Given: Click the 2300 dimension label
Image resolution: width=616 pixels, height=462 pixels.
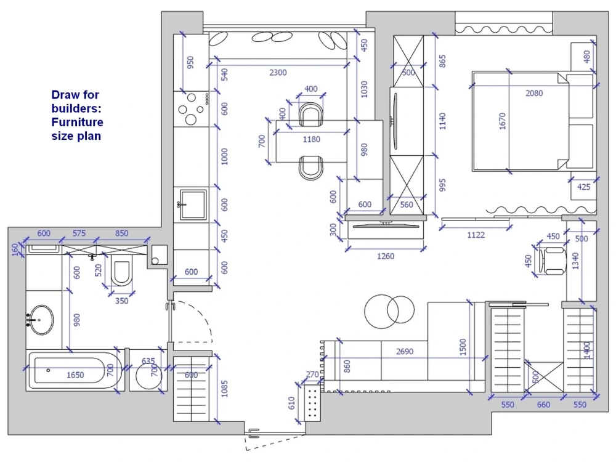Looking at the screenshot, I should [278, 73].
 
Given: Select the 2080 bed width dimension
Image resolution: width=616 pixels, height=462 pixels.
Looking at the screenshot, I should [534, 94].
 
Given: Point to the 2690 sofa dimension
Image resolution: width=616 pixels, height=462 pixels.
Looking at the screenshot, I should [404, 352].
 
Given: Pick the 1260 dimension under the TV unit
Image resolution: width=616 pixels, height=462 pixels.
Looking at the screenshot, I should [385, 256].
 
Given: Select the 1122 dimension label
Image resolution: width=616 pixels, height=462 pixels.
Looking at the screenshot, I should [476, 235].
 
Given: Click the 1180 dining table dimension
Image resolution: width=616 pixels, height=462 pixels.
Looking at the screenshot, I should [311, 139].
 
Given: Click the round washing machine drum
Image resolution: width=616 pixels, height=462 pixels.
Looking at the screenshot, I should [148, 376].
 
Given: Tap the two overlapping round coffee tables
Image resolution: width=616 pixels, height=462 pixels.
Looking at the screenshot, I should [389, 310].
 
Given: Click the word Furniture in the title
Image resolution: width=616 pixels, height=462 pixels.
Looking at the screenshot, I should [77, 122].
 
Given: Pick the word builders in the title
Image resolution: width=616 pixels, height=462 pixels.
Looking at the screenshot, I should [75, 108].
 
